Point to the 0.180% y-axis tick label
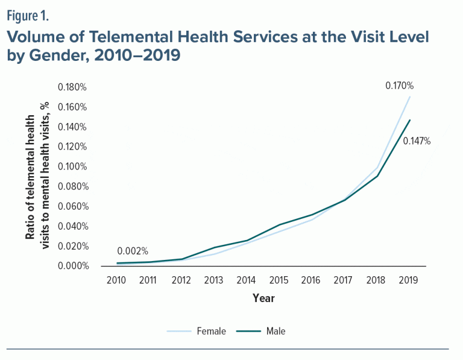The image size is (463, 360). point(72,87)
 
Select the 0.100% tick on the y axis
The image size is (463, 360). point(72,166)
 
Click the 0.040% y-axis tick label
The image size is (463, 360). point(72,226)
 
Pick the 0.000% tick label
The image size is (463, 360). point(72,266)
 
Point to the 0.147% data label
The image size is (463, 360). point(418,141)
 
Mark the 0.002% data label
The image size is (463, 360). point(133,251)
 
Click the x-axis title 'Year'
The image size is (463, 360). point(264,298)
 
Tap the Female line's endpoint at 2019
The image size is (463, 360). point(410,96)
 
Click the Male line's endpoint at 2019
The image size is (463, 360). point(410,119)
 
